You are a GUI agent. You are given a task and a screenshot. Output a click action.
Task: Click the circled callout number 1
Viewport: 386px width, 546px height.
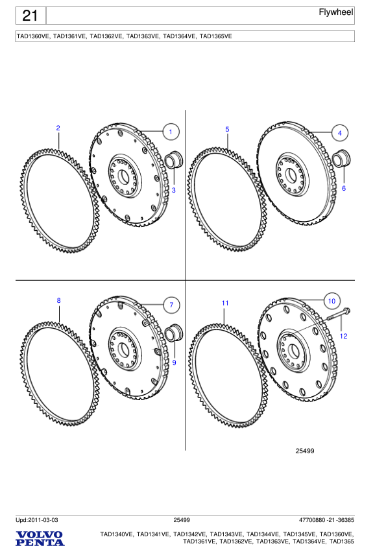pyautogui.click(x=170, y=132)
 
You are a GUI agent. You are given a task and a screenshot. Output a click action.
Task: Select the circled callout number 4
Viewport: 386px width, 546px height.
pyautogui.click(x=339, y=132)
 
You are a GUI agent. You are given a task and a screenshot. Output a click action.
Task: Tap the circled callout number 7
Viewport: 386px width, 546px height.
pyautogui.click(x=170, y=305)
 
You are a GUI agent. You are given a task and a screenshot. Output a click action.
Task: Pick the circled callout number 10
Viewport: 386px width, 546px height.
pyautogui.click(x=331, y=302)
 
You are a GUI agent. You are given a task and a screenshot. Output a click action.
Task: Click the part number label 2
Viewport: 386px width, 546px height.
pyautogui.click(x=58, y=128)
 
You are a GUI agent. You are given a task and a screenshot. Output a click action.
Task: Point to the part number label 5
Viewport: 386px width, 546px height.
pyautogui.click(x=227, y=129)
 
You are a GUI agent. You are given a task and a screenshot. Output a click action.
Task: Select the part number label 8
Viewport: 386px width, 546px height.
pyautogui.click(x=58, y=300)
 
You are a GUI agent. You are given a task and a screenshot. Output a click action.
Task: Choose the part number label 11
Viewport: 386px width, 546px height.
pyautogui.click(x=224, y=303)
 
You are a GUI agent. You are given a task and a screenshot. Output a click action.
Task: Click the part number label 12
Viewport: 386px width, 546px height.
pyautogui.click(x=344, y=336)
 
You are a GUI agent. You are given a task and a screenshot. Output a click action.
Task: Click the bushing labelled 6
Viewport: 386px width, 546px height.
pyautogui.click(x=341, y=159)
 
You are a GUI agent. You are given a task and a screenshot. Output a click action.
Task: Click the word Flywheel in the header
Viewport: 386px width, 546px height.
pyautogui.click(x=336, y=13)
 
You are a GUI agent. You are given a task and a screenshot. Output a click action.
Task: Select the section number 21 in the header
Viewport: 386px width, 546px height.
pyautogui.click(x=30, y=16)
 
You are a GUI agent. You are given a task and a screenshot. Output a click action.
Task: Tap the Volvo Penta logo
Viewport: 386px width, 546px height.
pyautogui.click(x=40, y=538)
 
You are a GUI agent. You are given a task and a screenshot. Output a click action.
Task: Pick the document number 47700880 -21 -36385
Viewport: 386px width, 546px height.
pyautogui.click(x=326, y=520)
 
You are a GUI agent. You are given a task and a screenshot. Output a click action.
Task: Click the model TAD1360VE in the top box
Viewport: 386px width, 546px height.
pyautogui.click(x=33, y=36)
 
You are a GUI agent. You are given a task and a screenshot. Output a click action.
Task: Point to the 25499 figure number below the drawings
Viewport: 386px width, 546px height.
pyautogui.click(x=305, y=451)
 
